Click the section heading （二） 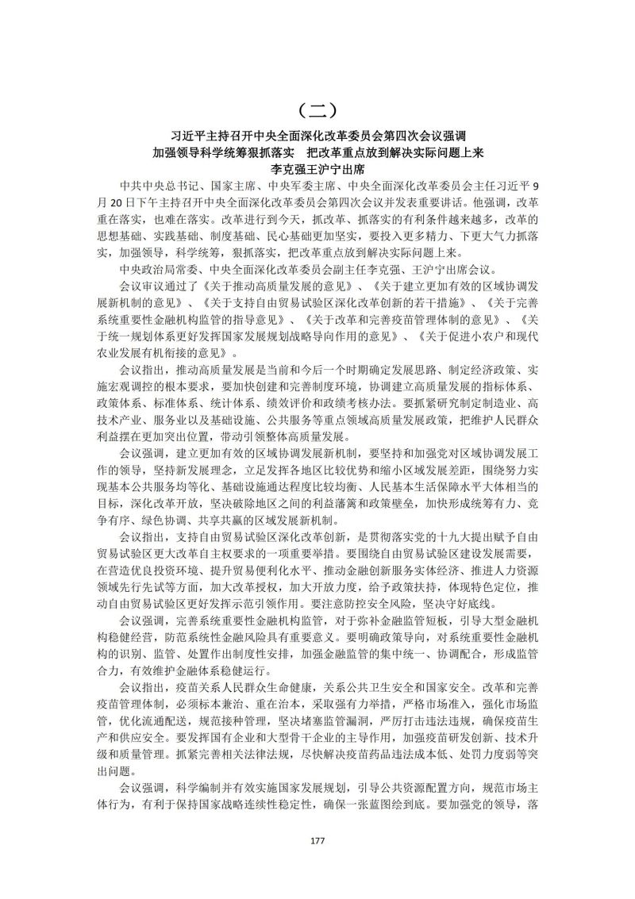pos(317,109)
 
